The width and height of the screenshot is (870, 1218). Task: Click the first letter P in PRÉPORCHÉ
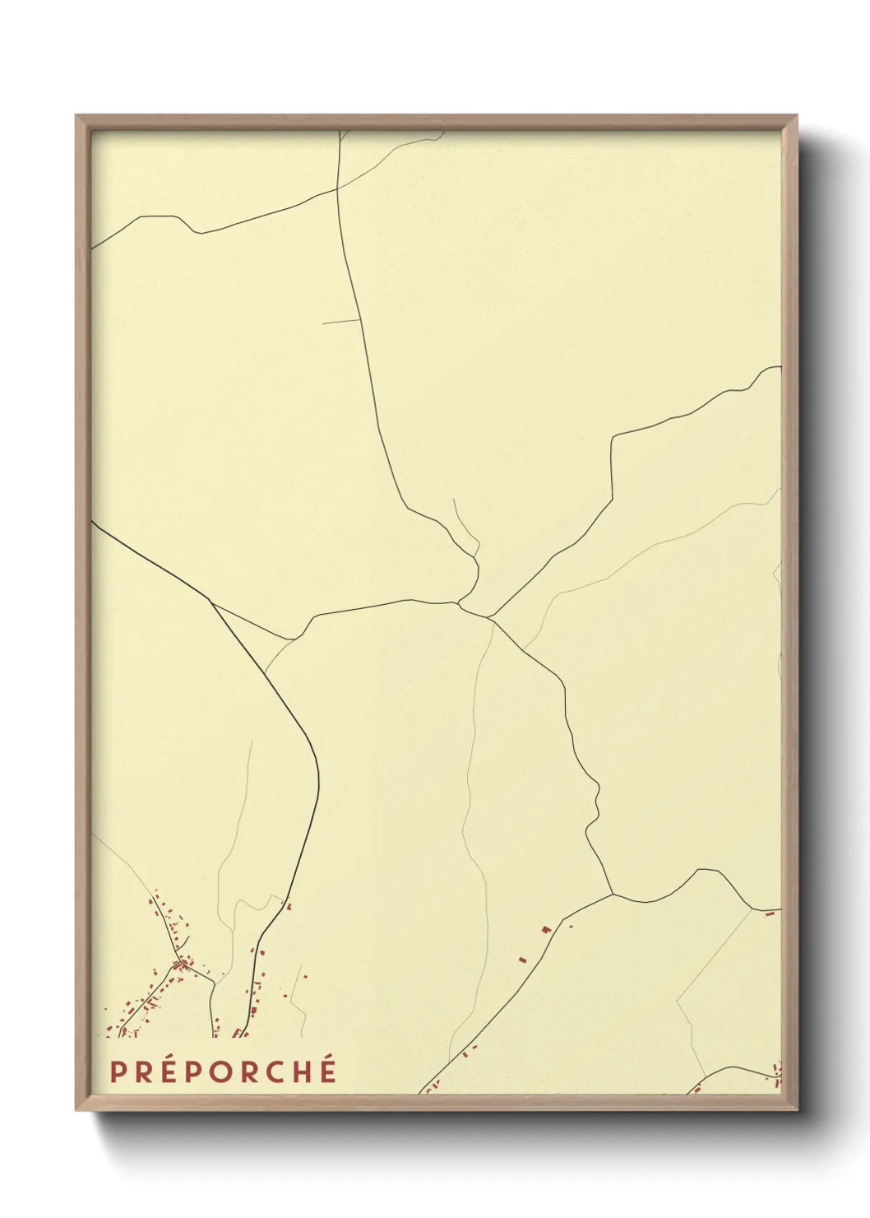(x=118, y=1072)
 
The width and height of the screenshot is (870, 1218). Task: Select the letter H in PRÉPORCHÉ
(x=302, y=1072)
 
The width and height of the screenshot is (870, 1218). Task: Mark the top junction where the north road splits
(x=338, y=188)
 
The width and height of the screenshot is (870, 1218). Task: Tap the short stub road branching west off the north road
(x=341, y=321)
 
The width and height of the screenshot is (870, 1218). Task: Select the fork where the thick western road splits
(x=212, y=603)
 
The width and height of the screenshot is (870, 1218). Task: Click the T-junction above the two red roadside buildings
(x=613, y=895)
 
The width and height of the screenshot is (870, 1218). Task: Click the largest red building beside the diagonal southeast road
(x=545, y=929)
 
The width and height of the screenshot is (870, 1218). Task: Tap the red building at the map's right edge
(x=771, y=913)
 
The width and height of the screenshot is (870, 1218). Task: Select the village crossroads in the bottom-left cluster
(x=179, y=964)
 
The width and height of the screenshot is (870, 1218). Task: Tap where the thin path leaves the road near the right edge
(x=752, y=909)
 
